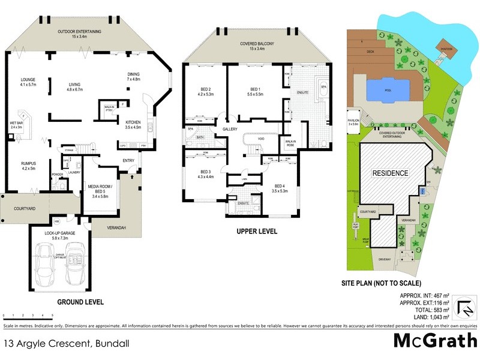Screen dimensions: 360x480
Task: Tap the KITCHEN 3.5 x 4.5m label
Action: pyautogui.click(x=133, y=124)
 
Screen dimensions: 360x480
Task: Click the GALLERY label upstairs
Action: pyautogui.click(x=230, y=129)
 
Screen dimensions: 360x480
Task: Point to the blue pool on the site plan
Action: pyautogui.click(x=385, y=92)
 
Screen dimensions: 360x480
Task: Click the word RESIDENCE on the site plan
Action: pyautogui.click(x=391, y=173)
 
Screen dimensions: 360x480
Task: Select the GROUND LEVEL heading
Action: pyautogui.click(x=80, y=302)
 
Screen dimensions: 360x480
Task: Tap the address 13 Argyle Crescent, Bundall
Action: pyautogui.click(x=66, y=344)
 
